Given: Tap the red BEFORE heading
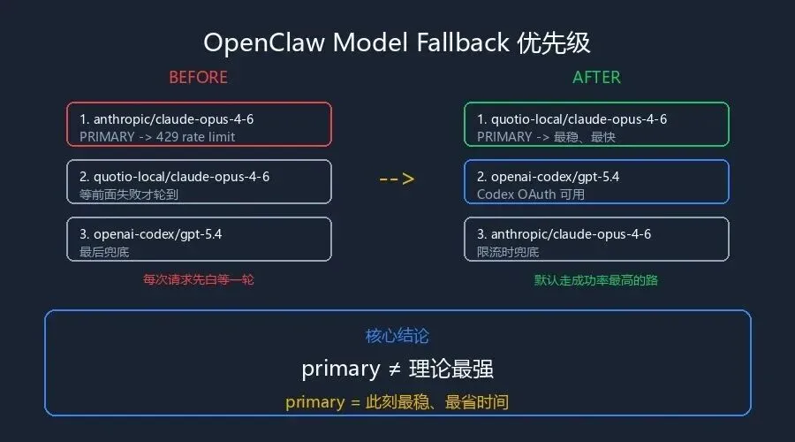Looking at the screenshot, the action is (x=198, y=77).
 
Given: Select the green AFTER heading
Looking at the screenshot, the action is (x=596, y=77).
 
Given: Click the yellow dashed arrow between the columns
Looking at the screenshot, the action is (x=397, y=179).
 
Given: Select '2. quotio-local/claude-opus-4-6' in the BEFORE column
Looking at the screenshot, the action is (x=174, y=176).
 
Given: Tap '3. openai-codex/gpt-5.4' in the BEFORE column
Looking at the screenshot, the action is (x=150, y=233).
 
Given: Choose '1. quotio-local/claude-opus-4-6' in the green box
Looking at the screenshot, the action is (x=572, y=118).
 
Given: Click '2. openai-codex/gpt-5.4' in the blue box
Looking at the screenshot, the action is (x=548, y=176).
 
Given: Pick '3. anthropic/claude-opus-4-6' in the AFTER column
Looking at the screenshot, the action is (x=564, y=233).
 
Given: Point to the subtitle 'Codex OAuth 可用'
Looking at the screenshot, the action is (x=530, y=194).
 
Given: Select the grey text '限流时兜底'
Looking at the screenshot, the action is (x=507, y=252).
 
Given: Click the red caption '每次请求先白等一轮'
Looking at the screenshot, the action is (x=199, y=279).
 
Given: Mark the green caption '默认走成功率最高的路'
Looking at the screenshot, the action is (x=596, y=279).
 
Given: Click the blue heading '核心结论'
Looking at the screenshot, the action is (x=397, y=336).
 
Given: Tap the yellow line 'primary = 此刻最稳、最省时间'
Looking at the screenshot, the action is (x=397, y=402).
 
